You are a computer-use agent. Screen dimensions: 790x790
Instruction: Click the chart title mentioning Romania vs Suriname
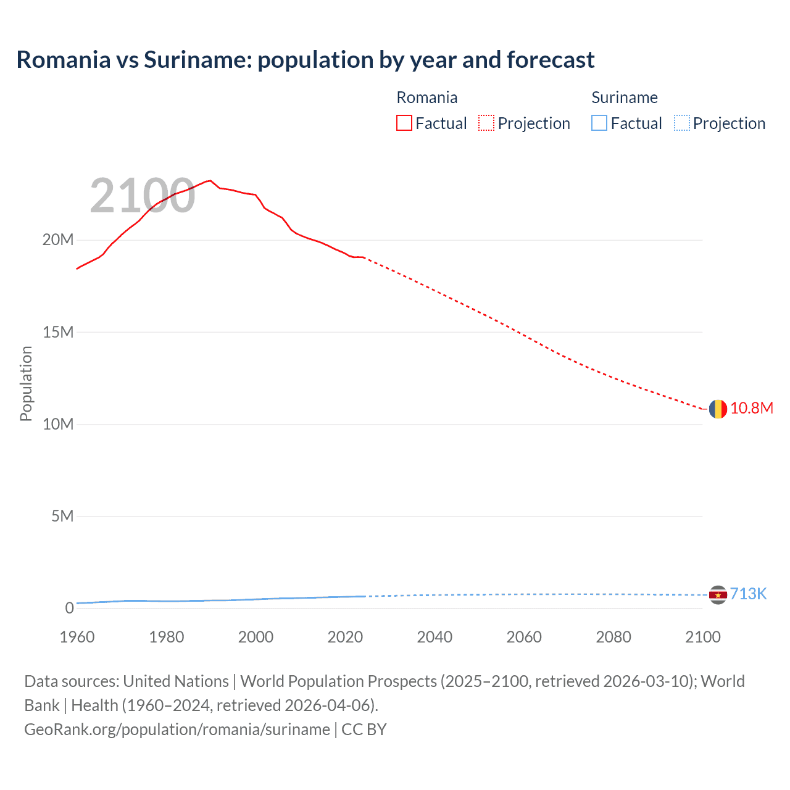pos(305,60)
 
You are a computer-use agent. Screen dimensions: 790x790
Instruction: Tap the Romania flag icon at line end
pos(718,409)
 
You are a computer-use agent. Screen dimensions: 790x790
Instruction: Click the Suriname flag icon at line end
pos(718,594)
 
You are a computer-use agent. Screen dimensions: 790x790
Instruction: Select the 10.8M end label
pos(751,408)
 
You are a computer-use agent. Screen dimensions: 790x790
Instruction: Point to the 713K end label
pos(748,594)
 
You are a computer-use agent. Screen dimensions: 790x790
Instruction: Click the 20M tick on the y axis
pos(57,240)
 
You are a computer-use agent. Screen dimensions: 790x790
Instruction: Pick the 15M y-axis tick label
pos(57,332)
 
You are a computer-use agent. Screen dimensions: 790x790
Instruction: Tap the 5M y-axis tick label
pos(62,516)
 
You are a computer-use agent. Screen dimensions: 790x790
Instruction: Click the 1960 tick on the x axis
pos(77,637)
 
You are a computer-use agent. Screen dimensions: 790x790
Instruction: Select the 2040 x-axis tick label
pos(434,637)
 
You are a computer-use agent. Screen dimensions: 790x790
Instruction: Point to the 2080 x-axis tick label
pos(613,637)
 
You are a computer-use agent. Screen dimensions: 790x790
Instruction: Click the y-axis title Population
pos(26,383)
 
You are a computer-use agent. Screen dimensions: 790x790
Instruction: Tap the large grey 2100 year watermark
pos(143,196)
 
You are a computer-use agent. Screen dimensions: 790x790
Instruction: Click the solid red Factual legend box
pos(404,123)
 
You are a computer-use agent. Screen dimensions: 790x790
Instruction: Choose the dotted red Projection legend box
pos(486,123)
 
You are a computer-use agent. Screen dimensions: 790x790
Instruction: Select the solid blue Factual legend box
pos(599,123)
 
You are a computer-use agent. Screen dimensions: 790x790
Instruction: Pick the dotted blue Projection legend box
pos(681,123)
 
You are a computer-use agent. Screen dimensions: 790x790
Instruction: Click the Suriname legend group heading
pos(624,98)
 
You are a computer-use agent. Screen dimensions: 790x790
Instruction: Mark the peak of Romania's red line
pos(210,181)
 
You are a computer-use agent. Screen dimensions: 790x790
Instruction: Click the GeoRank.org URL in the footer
pos(177,730)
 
